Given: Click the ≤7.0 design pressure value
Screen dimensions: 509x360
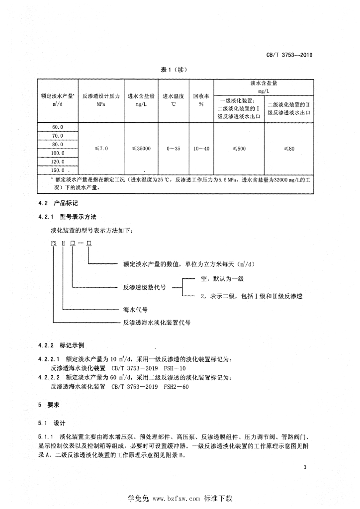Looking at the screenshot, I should (100, 148).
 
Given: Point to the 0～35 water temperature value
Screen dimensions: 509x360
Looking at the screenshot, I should (174, 148).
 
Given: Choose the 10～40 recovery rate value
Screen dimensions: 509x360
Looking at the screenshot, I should (201, 148).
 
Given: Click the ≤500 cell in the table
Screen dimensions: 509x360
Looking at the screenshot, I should (239, 148).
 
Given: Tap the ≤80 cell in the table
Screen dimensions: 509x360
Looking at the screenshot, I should (289, 148).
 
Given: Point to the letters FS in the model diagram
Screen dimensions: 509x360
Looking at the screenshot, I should (54, 244).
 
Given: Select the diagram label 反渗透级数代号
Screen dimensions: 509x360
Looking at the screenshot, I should (144, 287).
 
